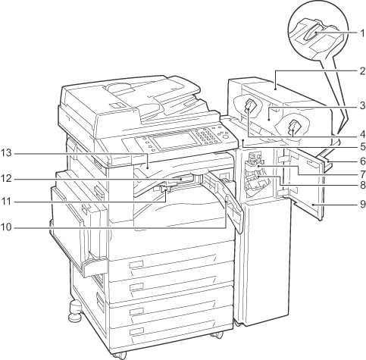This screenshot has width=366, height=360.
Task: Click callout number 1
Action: (x=362, y=33)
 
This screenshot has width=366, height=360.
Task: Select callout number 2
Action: (x=362, y=71)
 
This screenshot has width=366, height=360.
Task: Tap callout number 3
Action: (x=362, y=105)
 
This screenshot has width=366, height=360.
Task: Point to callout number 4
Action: (x=362, y=134)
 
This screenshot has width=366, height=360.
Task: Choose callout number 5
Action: (x=362, y=146)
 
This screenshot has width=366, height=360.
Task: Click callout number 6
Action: (x=362, y=161)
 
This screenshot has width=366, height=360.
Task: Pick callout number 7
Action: (x=362, y=174)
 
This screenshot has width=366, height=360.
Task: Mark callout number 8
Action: (x=362, y=186)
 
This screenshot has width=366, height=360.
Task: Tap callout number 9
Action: (x=362, y=204)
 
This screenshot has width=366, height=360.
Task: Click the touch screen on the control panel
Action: (x=175, y=140)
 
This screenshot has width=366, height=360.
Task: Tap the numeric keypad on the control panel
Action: (x=206, y=136)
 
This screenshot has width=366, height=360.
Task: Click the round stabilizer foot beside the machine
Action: (x=75, y=311)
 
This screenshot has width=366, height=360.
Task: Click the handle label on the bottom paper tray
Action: (x=136, y=331)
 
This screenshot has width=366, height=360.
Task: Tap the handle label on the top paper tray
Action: (x=136, y=265)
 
